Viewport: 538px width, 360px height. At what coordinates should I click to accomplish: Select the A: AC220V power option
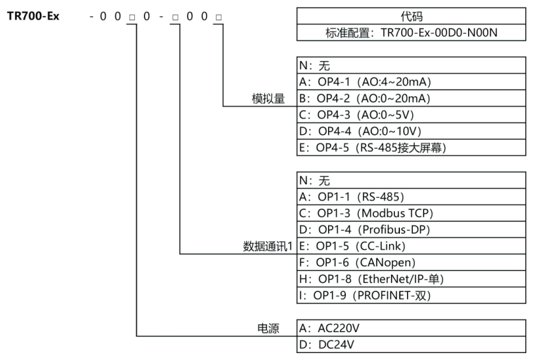(332, 329)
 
